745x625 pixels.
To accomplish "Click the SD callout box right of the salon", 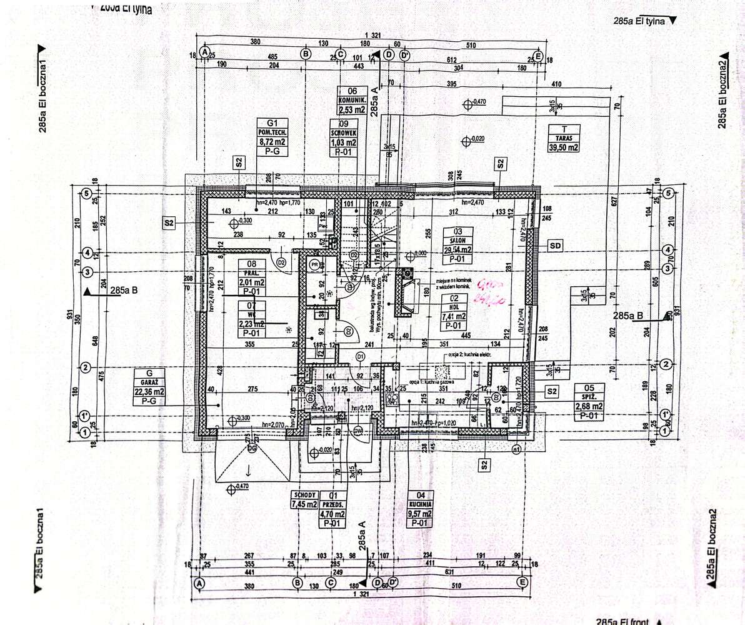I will [555, 246].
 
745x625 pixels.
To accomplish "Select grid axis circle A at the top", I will [204, 53].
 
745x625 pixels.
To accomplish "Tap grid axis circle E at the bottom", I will [522, 582].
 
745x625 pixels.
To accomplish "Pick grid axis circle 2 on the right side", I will [667, 365].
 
